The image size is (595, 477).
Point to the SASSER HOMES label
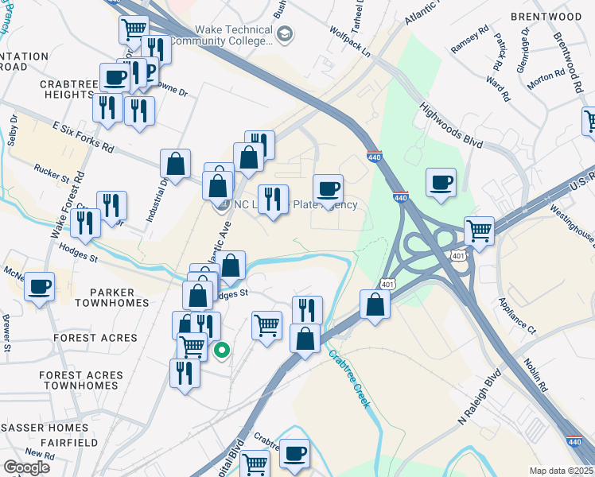[x=44, y=428]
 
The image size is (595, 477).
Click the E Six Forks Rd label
[x=84, y=138]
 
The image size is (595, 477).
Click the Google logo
[x=27, y=467]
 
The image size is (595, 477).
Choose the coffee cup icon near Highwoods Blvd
[x=441, y=184]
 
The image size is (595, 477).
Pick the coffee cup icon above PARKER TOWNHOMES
[x=39, y=287]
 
